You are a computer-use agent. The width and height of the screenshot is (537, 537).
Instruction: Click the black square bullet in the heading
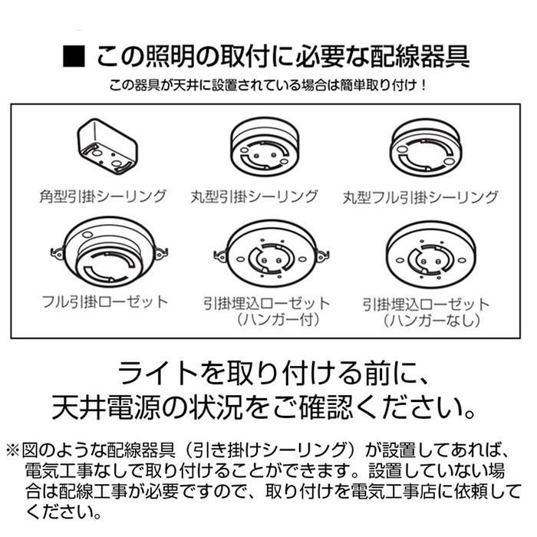pos(74,57)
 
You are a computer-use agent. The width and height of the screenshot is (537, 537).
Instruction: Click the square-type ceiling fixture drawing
pos(107,147)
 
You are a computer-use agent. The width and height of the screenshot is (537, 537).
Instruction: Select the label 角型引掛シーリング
pos(103,196)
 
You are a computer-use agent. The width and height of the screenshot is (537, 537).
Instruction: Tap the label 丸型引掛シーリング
pos(254,196)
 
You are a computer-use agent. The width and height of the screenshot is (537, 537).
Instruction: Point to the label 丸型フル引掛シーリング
pos(420,197)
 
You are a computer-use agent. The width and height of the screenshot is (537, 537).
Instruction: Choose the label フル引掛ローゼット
pos(105,301)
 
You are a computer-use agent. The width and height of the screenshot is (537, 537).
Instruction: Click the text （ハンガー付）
pos(278,320)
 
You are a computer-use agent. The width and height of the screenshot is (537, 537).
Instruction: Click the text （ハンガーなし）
pos(431,321)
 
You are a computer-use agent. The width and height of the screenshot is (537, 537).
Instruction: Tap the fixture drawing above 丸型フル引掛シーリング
pos(426,148)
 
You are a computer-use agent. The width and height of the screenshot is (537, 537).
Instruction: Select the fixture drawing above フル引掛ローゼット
pos(109,252)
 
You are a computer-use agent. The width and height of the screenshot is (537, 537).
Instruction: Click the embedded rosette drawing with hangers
pos(271,254)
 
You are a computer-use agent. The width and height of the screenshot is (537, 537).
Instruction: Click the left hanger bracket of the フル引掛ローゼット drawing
pos(58,252)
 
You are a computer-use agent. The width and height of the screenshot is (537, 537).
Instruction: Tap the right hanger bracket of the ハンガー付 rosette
pos(322,255)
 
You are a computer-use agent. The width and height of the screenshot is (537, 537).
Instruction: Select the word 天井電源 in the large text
pos(106,407)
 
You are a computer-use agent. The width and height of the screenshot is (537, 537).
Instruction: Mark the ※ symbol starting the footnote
pos(13,450)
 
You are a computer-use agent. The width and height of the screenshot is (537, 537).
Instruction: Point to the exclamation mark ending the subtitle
pos(424,84)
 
